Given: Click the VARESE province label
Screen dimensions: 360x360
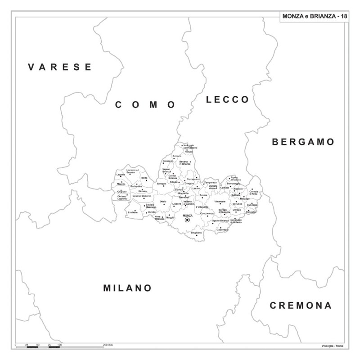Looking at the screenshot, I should point(60,67).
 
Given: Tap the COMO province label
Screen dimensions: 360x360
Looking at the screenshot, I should point(145,105).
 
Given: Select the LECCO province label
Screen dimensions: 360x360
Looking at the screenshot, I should point(227,99).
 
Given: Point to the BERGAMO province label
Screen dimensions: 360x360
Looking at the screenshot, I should point(303,142).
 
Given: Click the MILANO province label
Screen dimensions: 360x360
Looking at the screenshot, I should point(127,288).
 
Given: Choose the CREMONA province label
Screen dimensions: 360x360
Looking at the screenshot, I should point(301,306).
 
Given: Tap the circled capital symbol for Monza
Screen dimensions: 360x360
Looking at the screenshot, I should point(187,220).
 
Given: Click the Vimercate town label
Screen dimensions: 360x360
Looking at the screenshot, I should point(220,201).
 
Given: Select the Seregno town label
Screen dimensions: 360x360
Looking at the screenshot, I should point(162,184).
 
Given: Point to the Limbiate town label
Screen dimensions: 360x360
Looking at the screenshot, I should point(132,212).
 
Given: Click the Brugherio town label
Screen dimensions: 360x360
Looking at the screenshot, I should point(196,233).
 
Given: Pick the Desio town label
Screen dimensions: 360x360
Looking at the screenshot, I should point(163,201).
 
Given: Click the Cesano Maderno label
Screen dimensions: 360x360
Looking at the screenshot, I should point(142,196).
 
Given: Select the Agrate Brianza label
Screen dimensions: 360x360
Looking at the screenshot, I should point(220,220).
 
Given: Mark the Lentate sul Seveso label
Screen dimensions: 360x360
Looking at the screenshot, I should point(133,171).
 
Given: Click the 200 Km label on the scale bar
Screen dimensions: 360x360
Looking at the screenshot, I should point(108,344).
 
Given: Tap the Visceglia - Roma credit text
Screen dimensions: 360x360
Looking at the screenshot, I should point(333,345).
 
